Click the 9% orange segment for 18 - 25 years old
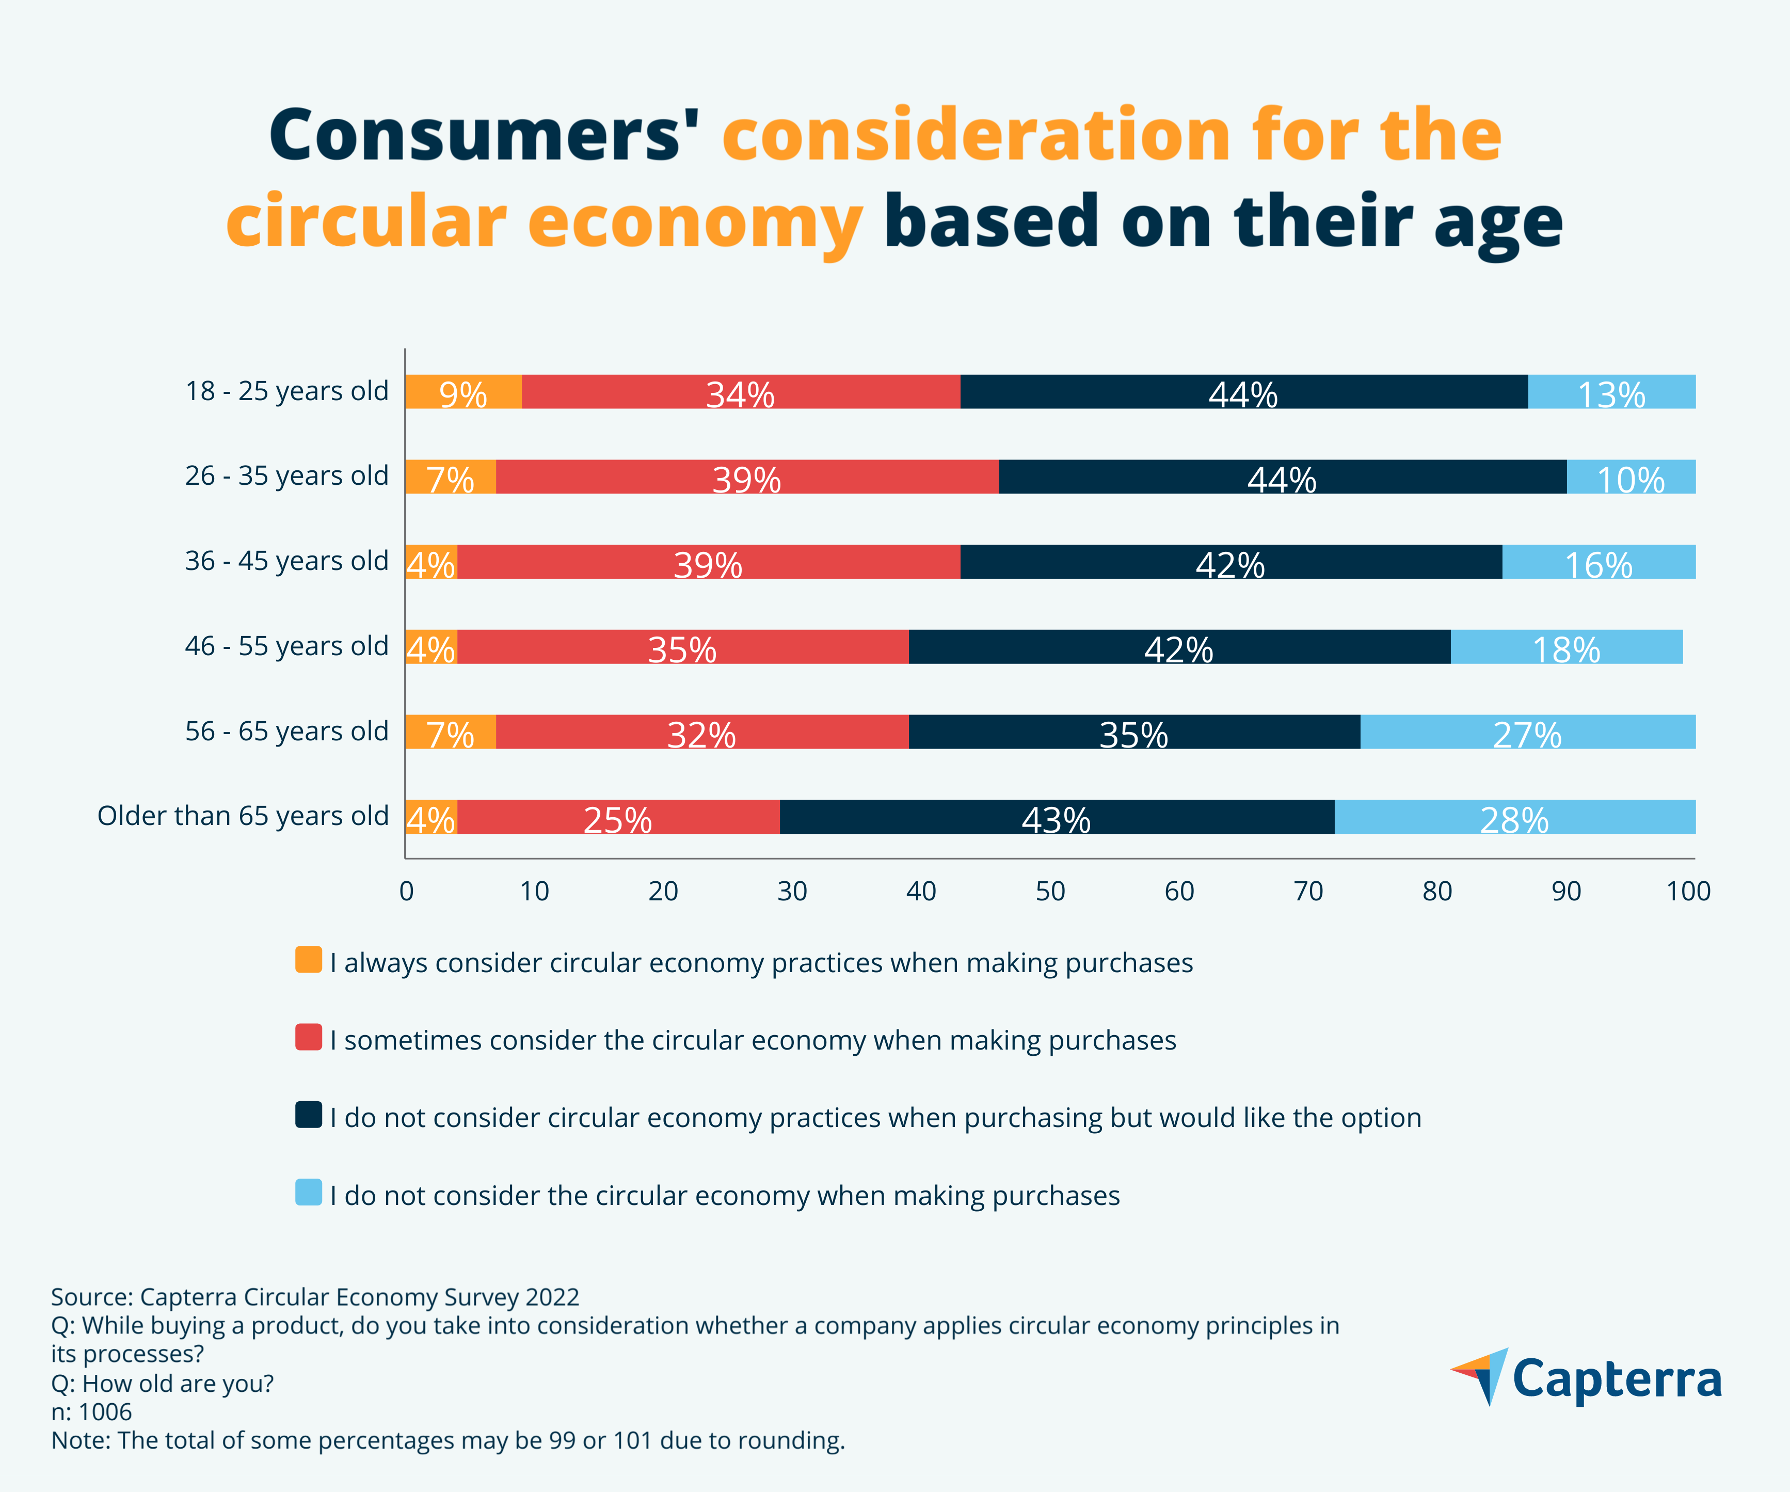tap(463, 392)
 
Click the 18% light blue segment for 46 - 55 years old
tap(1566, 647)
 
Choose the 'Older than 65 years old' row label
tap(243, 816)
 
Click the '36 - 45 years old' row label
tap(286, 561)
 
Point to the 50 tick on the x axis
tap(1050, 892)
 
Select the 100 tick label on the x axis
tap(1688, 892)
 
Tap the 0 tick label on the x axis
tap(407, 892)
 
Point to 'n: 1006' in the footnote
tap(91, 1412)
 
